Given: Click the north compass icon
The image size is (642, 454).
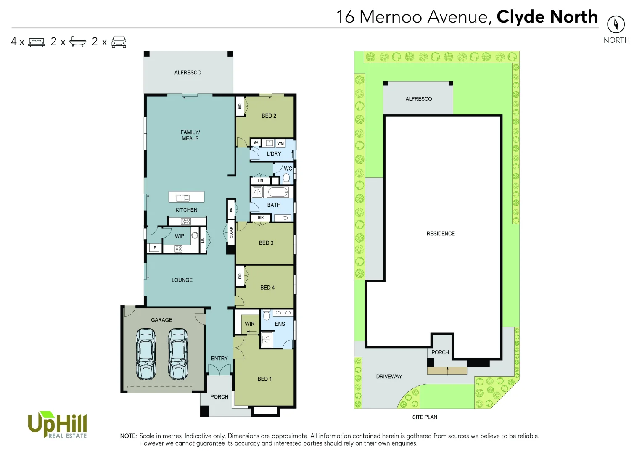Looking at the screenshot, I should click(616, 24).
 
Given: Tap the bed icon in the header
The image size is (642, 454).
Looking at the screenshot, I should click(37, 42).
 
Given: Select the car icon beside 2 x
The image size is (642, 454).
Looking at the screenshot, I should click(119, 42).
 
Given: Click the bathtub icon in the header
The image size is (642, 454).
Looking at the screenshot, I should click(78, 41).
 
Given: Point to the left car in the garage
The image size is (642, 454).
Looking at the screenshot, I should click(146, 354).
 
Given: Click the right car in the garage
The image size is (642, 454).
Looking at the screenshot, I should click(178, 354).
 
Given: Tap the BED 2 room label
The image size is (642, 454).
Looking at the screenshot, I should click(269, 116).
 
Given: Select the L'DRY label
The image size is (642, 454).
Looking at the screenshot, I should click(274, 154).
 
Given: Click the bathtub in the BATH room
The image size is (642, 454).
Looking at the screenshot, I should click(278, 193).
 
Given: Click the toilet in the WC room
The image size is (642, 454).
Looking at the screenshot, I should click(286, 178).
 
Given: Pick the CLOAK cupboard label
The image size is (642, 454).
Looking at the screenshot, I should click(231, 232).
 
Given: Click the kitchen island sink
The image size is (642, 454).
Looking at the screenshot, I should click(182, 198).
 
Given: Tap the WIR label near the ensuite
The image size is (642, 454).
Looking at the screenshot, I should click(250, 324).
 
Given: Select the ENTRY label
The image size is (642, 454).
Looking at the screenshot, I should click(219, 359).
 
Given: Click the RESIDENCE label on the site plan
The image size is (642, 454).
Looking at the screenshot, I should click(441, 234).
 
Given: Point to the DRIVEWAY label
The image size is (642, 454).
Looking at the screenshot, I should click(389, 377).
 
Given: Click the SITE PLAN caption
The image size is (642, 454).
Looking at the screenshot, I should click(425, 417).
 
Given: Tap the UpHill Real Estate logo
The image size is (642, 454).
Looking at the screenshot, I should click(57, 425).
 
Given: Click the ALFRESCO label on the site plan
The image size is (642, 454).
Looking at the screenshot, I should click(418, 99).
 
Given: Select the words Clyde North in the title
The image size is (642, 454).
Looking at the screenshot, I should click(547, 17).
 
